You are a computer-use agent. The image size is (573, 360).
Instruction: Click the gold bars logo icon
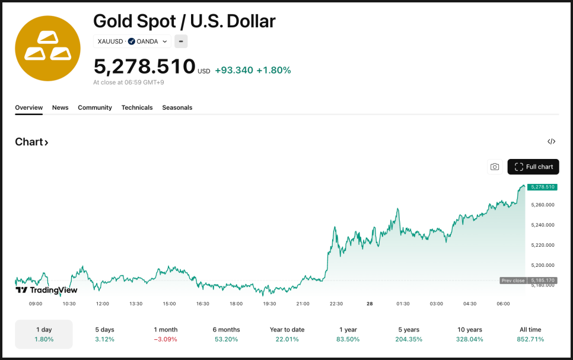pyautogui.click(x=47, y=49)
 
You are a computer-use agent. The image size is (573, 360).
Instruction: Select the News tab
pyautogui.click(x=60, y=107)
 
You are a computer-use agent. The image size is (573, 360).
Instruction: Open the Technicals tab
pyautogui.click(x=137, y=107)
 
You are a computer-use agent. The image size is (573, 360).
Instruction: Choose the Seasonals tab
pyautogui.click(x=177, y=107)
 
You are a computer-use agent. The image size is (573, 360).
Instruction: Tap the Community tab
pyautogui.click(x=95, y=107)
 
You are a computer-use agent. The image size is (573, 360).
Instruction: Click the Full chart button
pyautogui.click(x=533, y=167)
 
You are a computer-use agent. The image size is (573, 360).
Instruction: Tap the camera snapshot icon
pyautogui.click(x=495, y=167)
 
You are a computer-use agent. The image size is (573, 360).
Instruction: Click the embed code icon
pyautogui.click(x=551, y=141)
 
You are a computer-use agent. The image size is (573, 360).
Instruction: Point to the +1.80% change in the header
pyautogui.click(x=273, y=70)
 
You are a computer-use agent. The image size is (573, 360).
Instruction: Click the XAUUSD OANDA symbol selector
pyautogui.click(x=132, y=42)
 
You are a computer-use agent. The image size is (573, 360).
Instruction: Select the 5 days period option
pyautogui.click(x=105, y=334)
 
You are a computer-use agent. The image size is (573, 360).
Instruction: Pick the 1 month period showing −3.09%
pyautogui.click(x=165, y=334)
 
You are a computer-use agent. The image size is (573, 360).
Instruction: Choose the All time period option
pyautogui.click(x=530, y=334)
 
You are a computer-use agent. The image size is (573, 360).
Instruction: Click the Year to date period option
pyautogui.click(x=287, y=334)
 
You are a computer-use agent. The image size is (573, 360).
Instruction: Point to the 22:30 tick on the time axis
pyautogui.click(x=336, y=304)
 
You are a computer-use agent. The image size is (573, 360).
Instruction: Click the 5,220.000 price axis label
pyautogui.click(x=543, y=245)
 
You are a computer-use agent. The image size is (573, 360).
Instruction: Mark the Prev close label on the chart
pyautogui.click(x=512, y=281)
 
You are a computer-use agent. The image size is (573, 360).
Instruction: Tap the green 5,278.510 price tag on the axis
pyautogui.click(x=542, y=187)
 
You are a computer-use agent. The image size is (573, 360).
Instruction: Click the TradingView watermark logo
pyautogui.click(x=46, y=290)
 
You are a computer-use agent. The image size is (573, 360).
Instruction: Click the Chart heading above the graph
pyautogui.click(x=31, y=142)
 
